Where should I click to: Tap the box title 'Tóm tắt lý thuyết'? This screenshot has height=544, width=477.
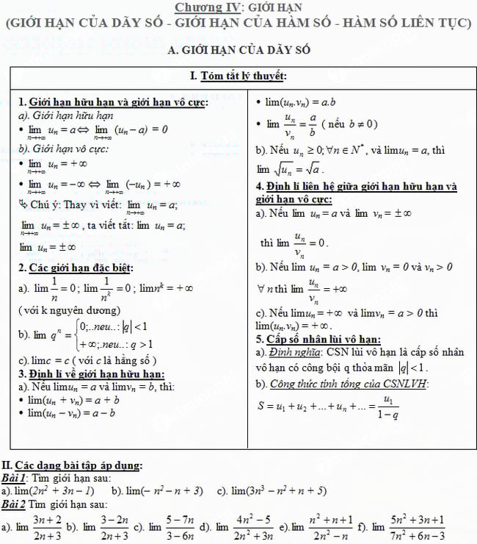point(238,76)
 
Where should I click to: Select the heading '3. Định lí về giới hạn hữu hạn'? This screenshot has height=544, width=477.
point(92,374)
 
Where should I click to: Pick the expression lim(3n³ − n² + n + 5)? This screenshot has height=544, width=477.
point(279,490)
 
